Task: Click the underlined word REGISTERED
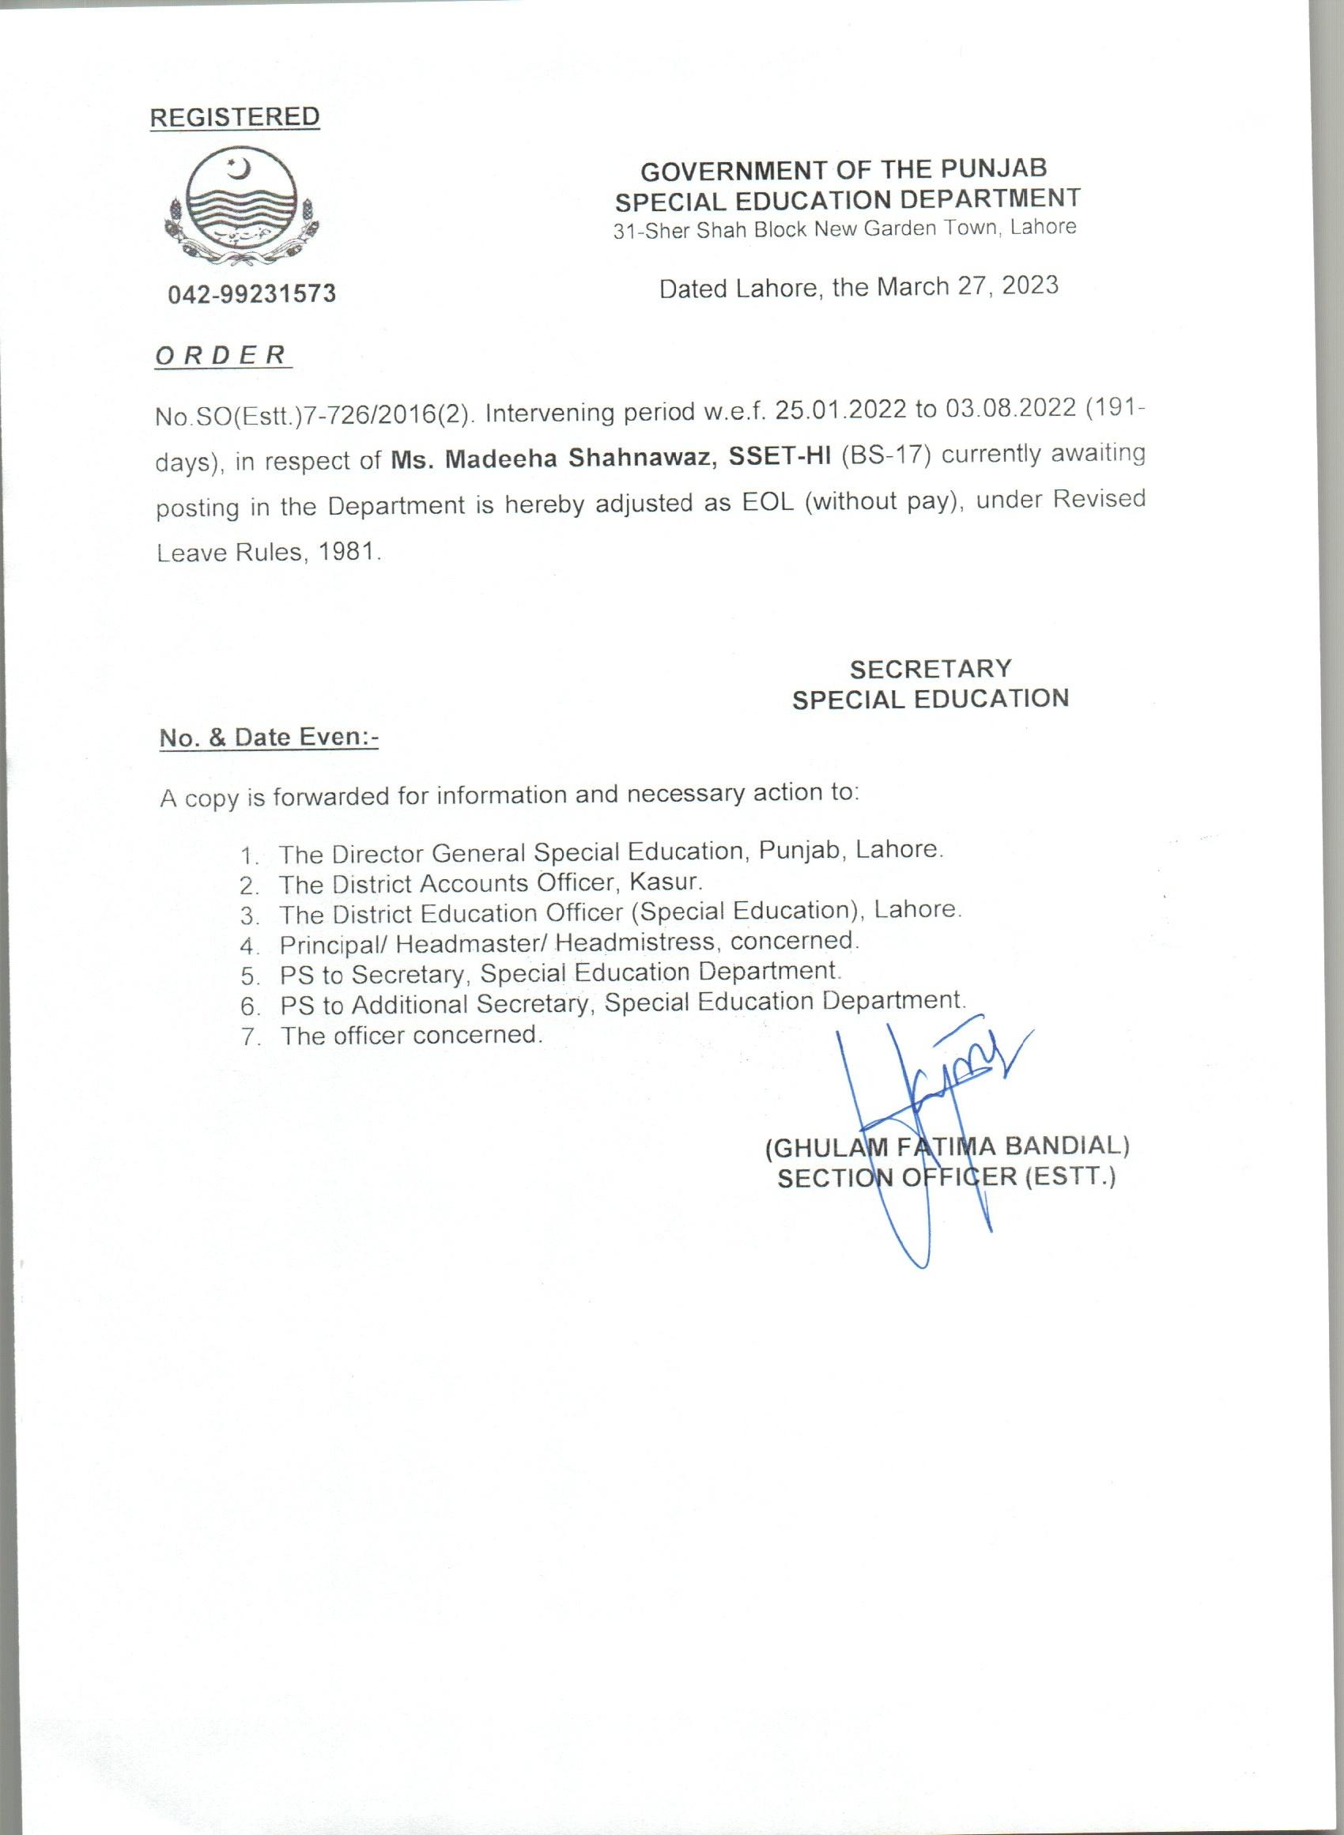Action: click(234, 117)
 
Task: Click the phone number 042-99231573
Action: click(252, 293)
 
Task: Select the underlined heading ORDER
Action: click(221, 356)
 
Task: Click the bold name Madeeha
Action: click(502, 459)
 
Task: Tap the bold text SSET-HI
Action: click(780, 457)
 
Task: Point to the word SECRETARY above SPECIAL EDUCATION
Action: click(931, 669)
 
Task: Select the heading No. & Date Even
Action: click(269, 737)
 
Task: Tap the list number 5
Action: click(249, 976)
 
